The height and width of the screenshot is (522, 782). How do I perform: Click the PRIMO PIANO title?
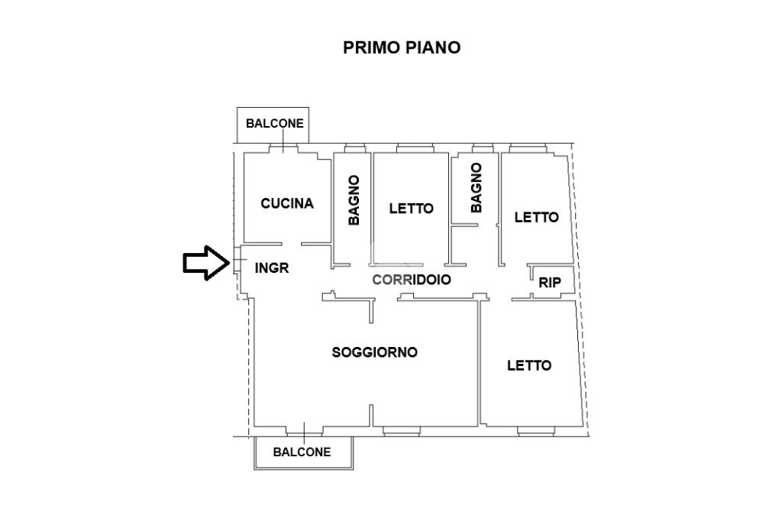tap(402, 47)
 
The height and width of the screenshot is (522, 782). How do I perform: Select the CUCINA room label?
tap(287, 203)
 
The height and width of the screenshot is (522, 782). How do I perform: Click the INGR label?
tap(272, 268)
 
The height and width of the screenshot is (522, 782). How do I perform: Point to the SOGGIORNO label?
tap(374, 352)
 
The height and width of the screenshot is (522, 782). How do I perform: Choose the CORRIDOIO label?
tap(412, 280)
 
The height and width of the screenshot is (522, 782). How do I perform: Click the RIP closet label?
tap(550, 283)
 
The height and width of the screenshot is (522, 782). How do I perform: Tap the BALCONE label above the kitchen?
tap(274, 123)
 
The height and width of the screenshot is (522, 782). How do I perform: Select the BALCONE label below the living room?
tap(302, 452)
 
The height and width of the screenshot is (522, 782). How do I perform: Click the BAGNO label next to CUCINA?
tap(354, 200)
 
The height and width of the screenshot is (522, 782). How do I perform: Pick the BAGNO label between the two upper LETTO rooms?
tap(477, 187)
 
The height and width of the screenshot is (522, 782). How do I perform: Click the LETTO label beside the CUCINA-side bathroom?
tap(411, 208)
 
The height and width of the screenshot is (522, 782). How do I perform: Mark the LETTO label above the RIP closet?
tap(536, 217)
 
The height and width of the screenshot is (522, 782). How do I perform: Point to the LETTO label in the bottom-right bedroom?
tap(529, 365)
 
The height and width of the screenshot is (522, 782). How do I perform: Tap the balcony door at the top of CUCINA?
tap(283, 149)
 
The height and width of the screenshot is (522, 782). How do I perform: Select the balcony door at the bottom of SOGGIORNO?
tap(302, 430)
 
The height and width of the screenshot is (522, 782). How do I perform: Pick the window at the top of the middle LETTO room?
tap(415, 148)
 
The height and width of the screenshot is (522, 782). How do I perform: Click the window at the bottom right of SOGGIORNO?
tap(400, 431)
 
